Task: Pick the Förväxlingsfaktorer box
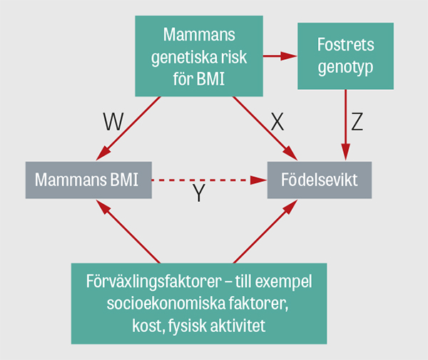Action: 199,303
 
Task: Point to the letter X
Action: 277,123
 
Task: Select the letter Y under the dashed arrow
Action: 200,194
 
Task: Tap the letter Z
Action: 357,122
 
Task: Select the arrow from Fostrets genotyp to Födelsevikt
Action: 346,125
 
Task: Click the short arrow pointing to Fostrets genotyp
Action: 280,55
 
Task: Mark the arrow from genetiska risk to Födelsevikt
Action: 265,128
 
